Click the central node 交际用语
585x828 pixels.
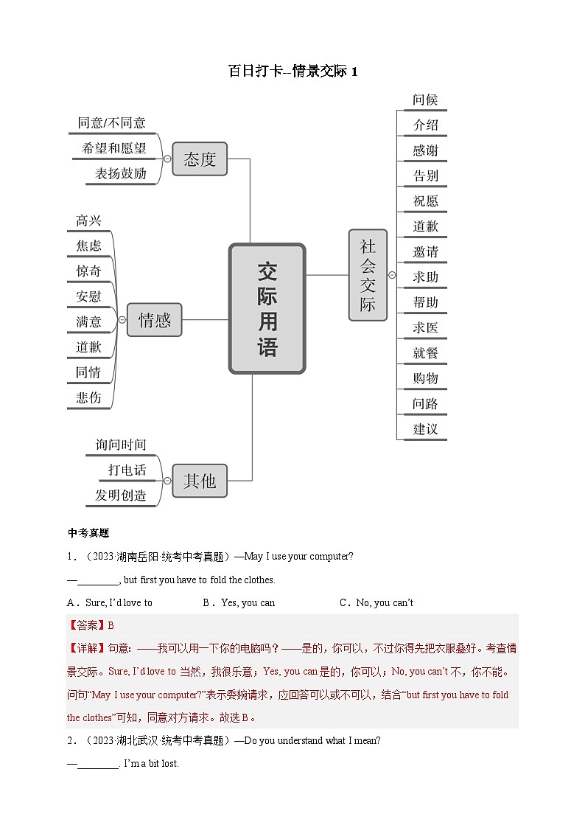pyautogui.click(x=267, y=308)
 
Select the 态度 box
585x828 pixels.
pyautogui.click(x=200, y=159)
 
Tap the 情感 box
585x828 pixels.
pyautogui.click(x=154, y=320)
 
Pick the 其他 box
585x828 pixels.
pyautogui.click(x=200, y=481)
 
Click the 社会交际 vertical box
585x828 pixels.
pyautogui.click(x=368, y=275)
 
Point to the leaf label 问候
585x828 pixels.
pyautogui.click(x=426, y=100)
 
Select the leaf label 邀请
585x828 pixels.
pyautogui.click(x=426, y=251)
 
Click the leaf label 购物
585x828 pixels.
pyautogui.click(x=426, y=378)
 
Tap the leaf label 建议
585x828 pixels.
pyautogui.click(x=426, y=428)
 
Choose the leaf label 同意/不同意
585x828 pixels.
pyautogui.click(x=112, y=123)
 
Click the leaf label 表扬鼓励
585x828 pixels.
pyautogui.click(x=120, y=174)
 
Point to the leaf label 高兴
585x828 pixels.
pyautogui.click(x=88, y=220)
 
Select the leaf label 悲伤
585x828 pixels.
pyautogui.click(x=88, y=397)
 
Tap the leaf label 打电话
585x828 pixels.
pyautogui.click(x=127, y=470)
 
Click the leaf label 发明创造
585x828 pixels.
pyautogui.click(x=120, y=495)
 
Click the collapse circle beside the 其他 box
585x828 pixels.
pyautogui.click(x=167, y=481)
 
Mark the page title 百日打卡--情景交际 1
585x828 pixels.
pyautogui.click(x=292, y=72)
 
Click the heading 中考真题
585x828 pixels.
pyautogui.click(x=88, y=533)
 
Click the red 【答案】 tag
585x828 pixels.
pyautogui.click(x=86, y=625)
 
